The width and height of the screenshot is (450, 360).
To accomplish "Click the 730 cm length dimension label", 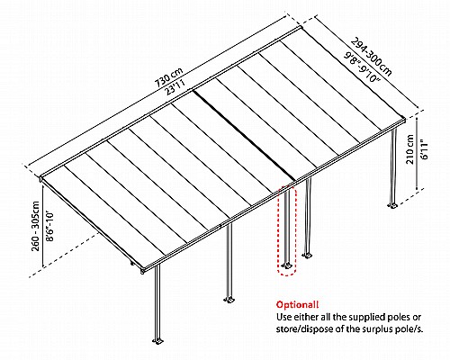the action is [x=168, y=77].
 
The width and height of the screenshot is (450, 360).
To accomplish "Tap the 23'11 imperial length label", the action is [x=179, y=88].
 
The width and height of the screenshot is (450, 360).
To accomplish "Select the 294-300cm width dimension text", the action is [x=371, y=57].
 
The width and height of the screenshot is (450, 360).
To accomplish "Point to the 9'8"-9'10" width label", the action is [x=362, y=67].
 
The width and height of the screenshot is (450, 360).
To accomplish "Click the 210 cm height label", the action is [x=409, y=149].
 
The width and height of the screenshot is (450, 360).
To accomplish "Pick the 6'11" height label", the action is [x=425, y=149].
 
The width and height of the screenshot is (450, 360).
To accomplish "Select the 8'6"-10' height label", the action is [x=49, y=227].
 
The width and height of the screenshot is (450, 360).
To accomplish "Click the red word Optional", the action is [x=297, y=305].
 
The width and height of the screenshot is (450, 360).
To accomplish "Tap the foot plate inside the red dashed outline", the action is [x=287, y=265].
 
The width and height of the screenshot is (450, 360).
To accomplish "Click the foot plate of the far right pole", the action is [x=392, y=205].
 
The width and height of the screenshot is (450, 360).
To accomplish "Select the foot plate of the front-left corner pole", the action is [x=157, y=341].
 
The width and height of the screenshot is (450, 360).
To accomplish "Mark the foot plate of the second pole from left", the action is [x=229, y=300].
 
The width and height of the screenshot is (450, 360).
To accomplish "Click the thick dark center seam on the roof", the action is [x=244, y=136].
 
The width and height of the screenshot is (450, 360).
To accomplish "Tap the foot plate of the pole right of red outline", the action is [x=307, y=256].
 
